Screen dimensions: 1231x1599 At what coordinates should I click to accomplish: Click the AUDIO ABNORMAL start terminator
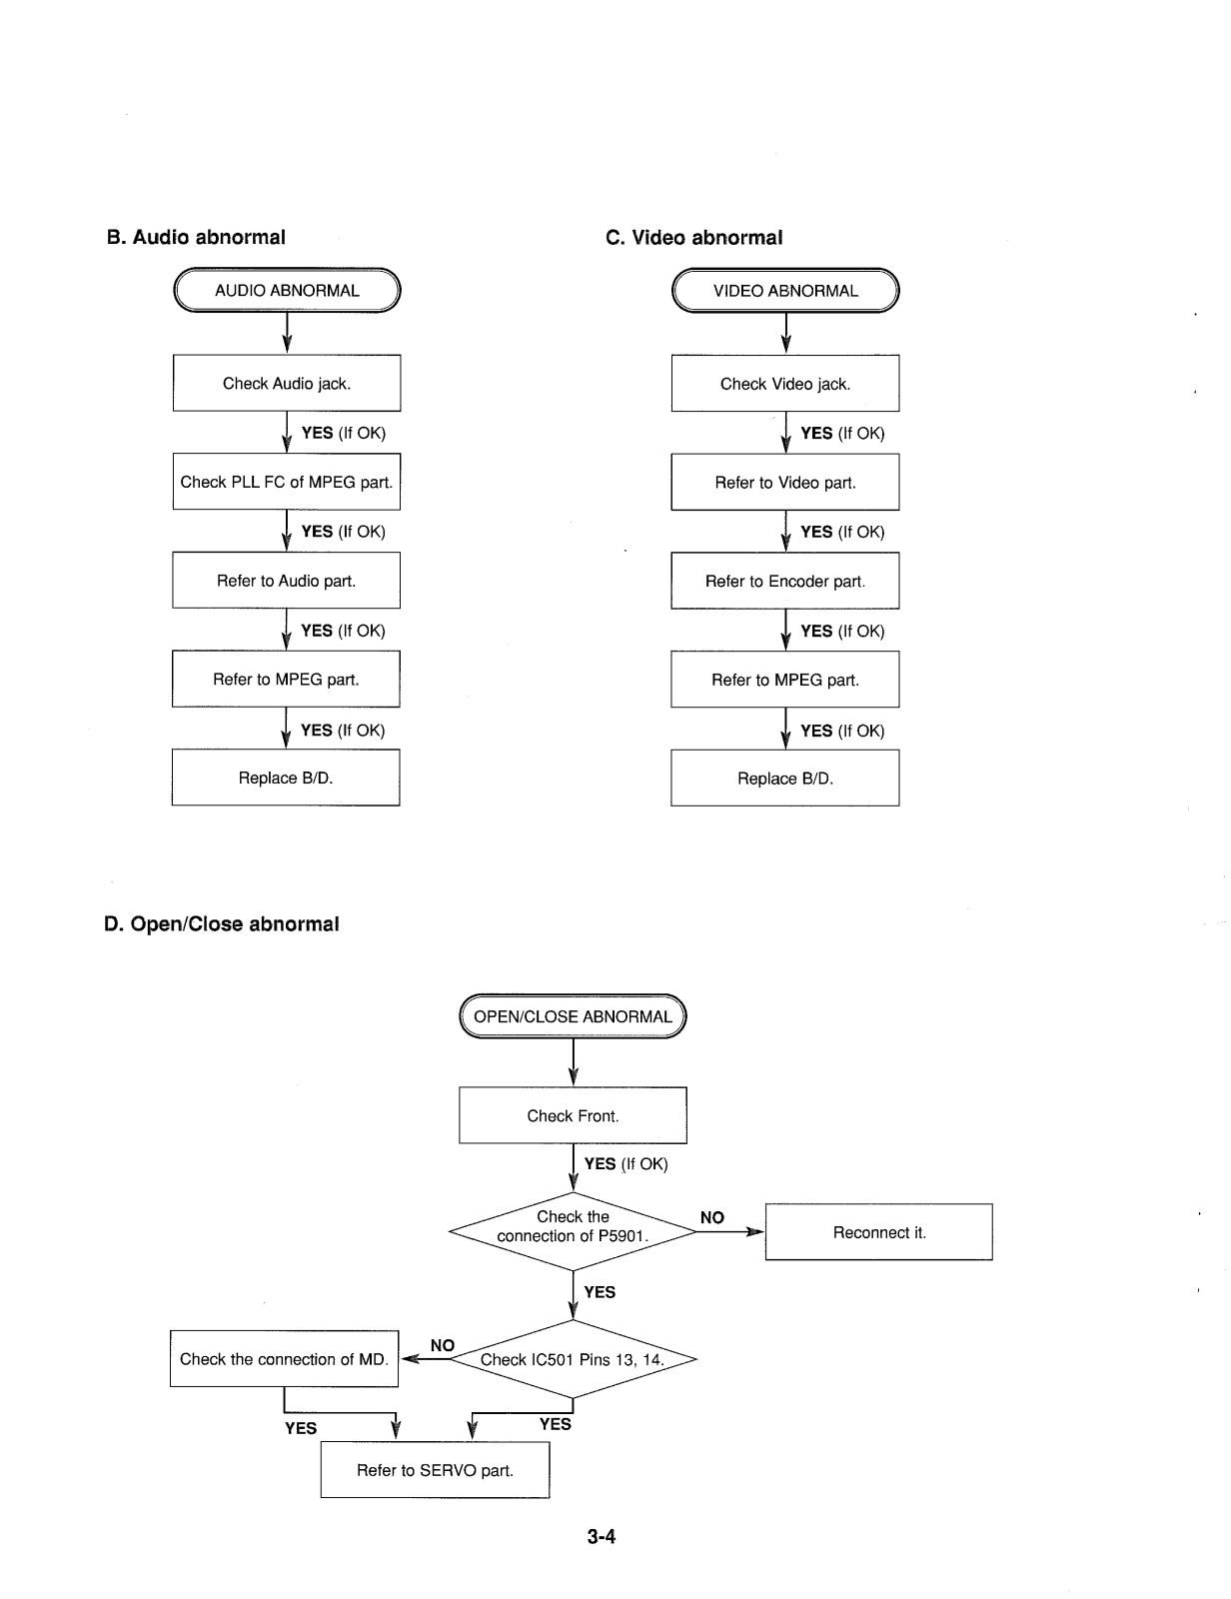(287, 290)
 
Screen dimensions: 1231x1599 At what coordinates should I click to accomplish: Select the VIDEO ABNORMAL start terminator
(785, 291)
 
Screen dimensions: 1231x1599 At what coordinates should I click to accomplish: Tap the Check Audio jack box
(287, 384)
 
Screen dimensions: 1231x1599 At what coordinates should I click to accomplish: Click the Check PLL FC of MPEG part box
(287, 482)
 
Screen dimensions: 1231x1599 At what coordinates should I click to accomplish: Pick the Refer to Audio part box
(286, 581)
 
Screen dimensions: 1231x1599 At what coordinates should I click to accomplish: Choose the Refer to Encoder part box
(785, 582)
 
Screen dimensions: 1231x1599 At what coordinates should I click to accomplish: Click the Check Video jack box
(785, 384)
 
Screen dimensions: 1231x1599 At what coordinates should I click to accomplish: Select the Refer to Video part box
(785, 482)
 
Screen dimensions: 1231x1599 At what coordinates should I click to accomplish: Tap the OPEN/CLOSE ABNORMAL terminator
(573, 1016)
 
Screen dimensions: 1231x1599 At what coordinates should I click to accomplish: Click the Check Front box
(573, 1115)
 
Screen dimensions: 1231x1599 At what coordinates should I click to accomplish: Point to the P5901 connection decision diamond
(573, 1231)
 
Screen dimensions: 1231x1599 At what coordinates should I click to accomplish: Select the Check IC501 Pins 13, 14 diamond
(573, 1359)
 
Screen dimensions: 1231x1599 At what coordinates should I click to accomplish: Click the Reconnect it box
(878, 1232)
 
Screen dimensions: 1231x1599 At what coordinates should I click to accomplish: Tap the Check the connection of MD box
(284, 1359)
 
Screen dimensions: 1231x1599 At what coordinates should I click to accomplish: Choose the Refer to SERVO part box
(435, 1470)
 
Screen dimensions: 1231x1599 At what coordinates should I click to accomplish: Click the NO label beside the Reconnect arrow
(711, 1218)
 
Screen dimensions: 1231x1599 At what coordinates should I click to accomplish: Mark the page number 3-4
(601, 1536)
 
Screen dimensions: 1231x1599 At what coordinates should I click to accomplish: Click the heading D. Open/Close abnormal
(222, 924)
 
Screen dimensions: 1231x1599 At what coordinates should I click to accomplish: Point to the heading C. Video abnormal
(694, 238)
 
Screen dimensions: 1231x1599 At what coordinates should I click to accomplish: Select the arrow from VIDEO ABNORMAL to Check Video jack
(786, 334)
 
